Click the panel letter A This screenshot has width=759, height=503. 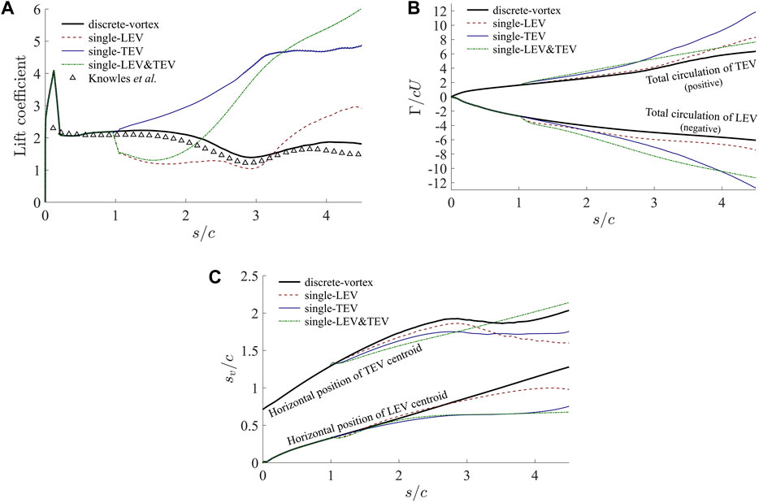tap(9, 9)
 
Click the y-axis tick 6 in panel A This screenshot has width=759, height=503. tap(35, 9)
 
